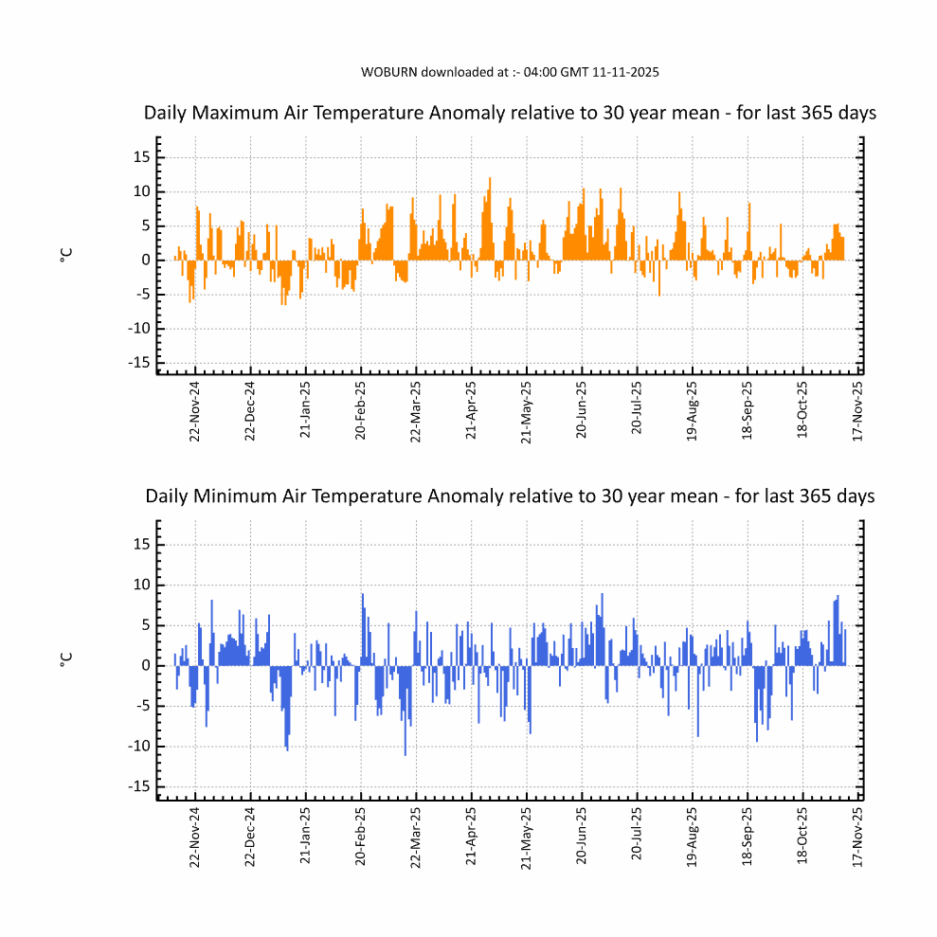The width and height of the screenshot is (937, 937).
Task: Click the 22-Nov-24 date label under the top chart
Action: pyautogui.click(x=195, y=411)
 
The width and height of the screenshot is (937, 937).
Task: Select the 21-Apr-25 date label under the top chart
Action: pyautogui.click(x=472, y=411)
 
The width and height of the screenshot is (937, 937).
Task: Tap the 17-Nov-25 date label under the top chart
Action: pyautogui.click(x=858, y=411)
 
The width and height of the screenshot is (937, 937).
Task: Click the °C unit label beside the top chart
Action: pyautogui.click(x=65, y=256)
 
